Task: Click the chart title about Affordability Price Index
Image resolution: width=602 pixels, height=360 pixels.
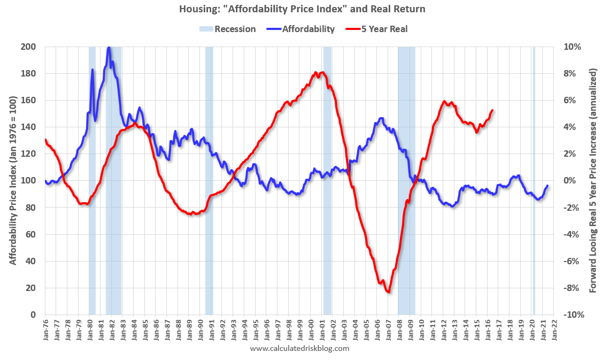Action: click(300, 9)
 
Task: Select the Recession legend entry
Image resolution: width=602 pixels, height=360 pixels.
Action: click(228, 29)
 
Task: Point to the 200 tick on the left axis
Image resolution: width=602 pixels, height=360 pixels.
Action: click(28, 47)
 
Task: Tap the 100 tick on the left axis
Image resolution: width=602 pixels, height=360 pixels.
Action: click(28, 181)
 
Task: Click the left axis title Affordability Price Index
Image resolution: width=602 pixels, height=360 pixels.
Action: click(12, 180)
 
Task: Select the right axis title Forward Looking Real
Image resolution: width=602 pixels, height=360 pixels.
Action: click(592, 180)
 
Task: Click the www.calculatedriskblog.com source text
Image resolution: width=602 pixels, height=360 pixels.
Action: click(299, 348)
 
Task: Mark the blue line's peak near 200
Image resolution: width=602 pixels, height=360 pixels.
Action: click(109, 48)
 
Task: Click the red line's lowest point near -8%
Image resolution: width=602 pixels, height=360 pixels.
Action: click(388, 292)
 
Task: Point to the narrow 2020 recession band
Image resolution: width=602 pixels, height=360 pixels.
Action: click(534, 180)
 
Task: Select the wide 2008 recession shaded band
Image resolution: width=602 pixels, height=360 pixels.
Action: click(406, 180)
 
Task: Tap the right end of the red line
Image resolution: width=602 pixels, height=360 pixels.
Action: click(492, 110)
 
